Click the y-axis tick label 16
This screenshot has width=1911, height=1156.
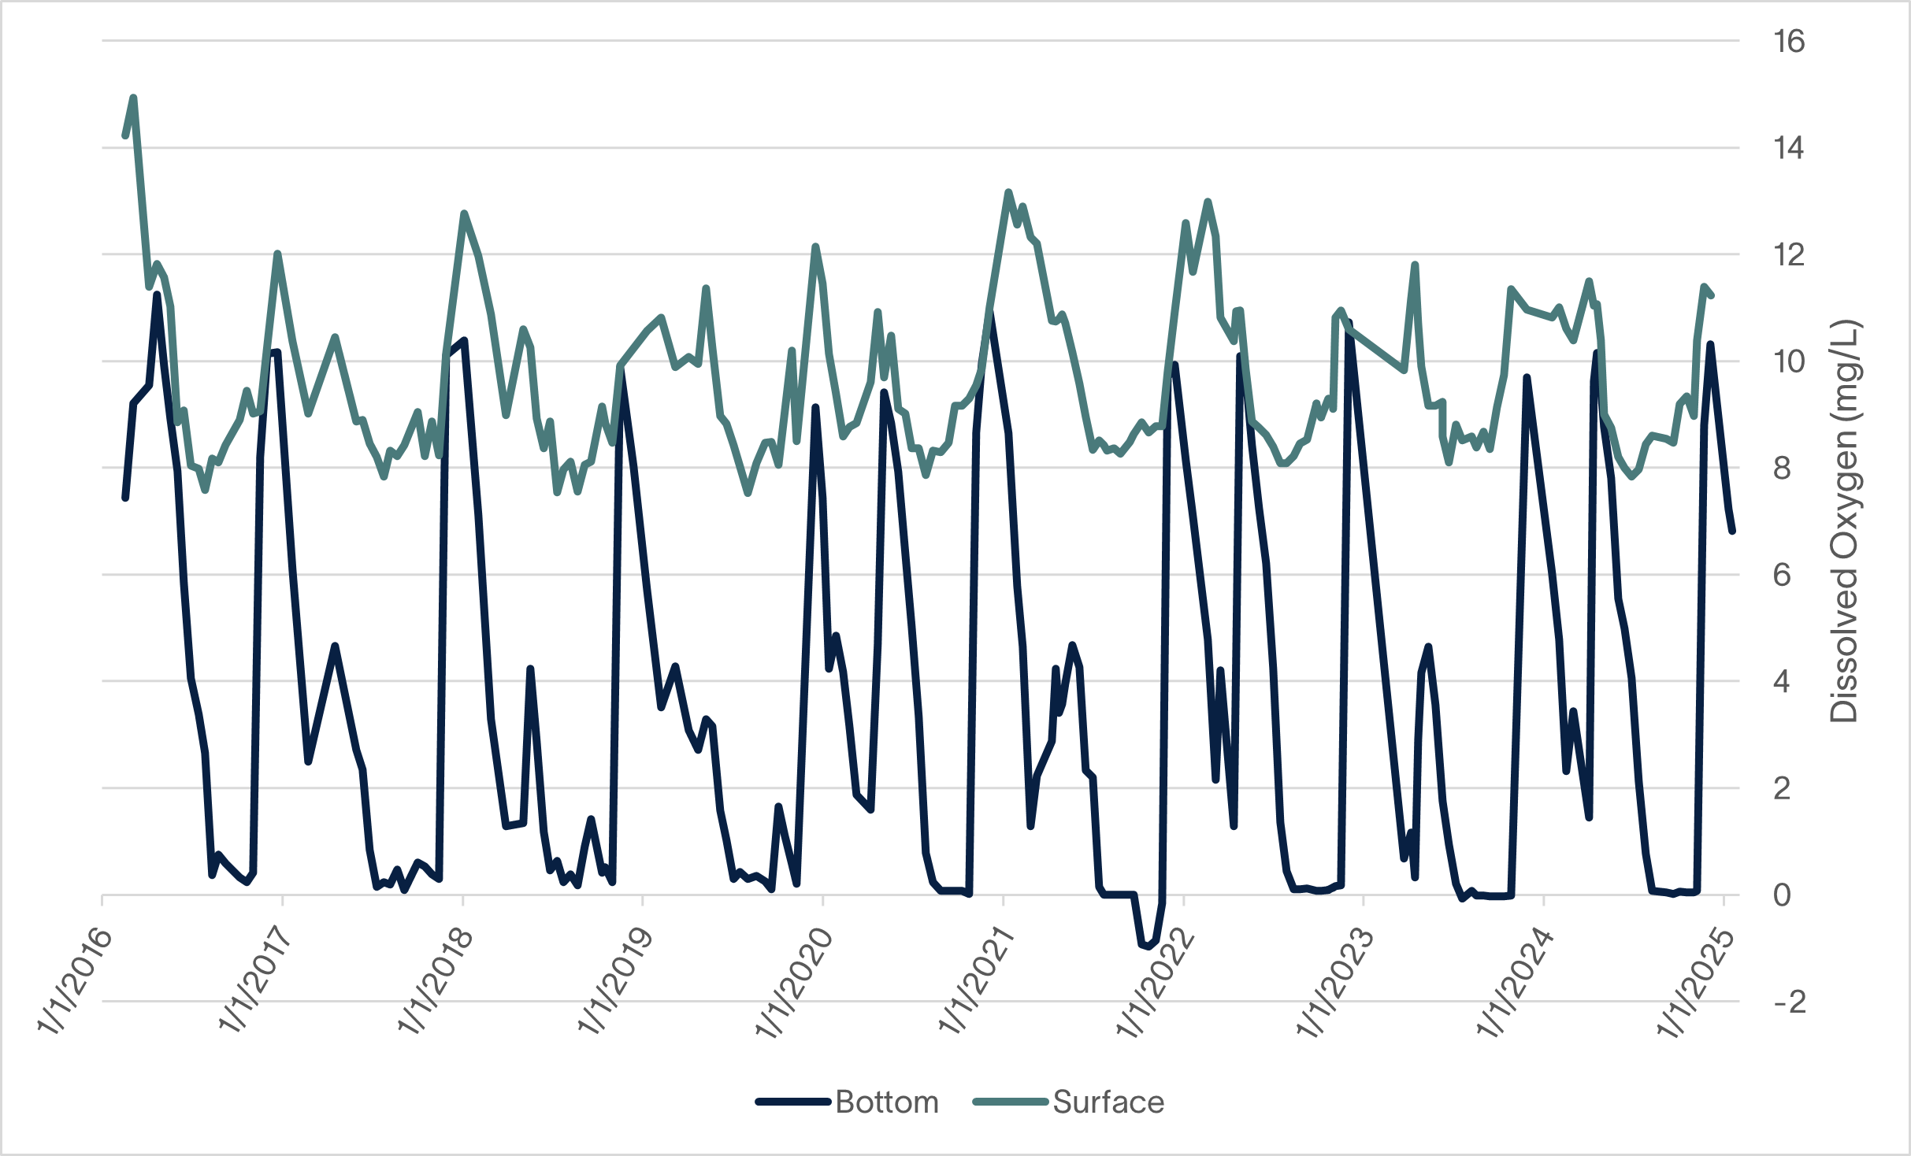(1789, 41)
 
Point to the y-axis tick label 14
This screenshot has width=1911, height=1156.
(1789, 148)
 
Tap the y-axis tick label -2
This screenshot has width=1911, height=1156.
(1789, 1002)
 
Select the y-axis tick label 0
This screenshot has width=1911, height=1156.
(1782, 895)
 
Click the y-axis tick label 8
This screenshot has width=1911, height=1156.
(1782, 469)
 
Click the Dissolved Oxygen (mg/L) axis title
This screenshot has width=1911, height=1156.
(1844, 521)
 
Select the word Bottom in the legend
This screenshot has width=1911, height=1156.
(887, 1102)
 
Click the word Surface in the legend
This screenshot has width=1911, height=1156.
(1108, 1102)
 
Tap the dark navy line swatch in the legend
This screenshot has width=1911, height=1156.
(793, 1102)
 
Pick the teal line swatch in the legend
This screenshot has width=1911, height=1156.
(1011, 1102)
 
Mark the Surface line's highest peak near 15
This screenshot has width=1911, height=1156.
(133, 98)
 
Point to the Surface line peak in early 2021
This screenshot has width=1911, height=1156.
(1008, 192)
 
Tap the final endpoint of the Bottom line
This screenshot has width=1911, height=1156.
(1732, 532)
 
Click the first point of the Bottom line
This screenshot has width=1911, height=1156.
(125, 498)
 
